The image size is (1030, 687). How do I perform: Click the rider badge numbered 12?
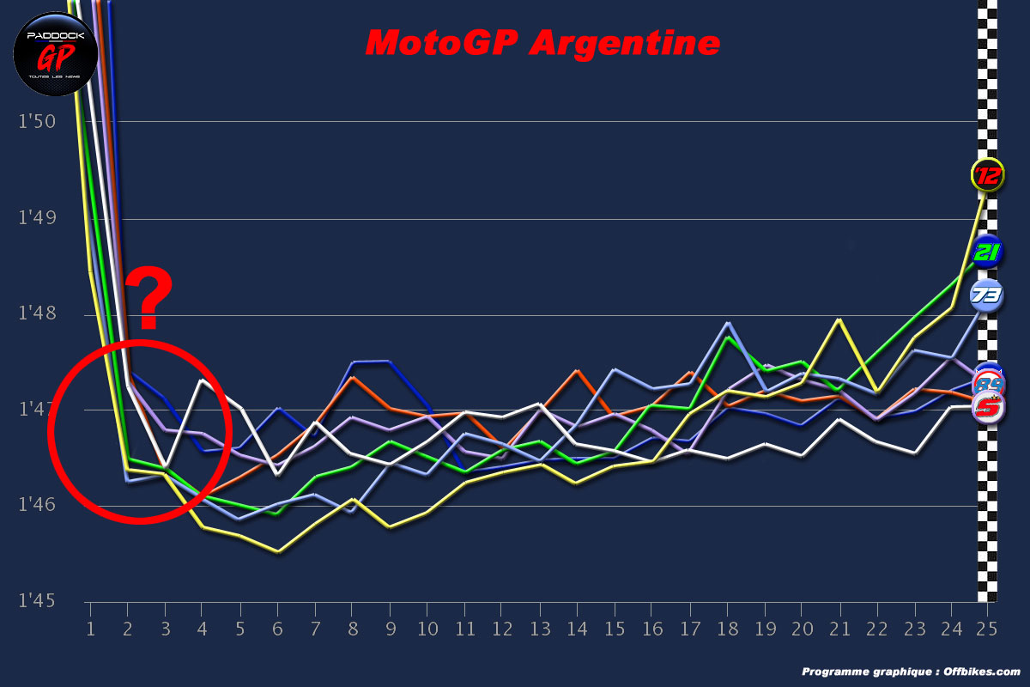pyautogui.click(x=987, y=176)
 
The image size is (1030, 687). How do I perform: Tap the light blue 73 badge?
pyautogui.click(x=987, y=296)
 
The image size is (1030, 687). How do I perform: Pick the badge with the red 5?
pyautogui.click(x=988, y=409)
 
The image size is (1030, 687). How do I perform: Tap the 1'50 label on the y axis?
pyautogui.click(x=37, y=121)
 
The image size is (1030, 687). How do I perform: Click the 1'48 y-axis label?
pyautogui.click(x=37, y=313)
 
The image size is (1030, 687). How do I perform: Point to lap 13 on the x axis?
pyautogui.click(x=539, y=629)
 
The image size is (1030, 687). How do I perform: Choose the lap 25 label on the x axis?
pyautogui.click(x=986, y=629)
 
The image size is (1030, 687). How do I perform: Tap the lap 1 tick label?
pyautogui.click(x=89, y=629)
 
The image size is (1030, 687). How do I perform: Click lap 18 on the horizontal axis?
pyautogui.click(x=726, y=629)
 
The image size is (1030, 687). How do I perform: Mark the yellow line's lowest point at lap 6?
pyautogui.click(x=278, y=552)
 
